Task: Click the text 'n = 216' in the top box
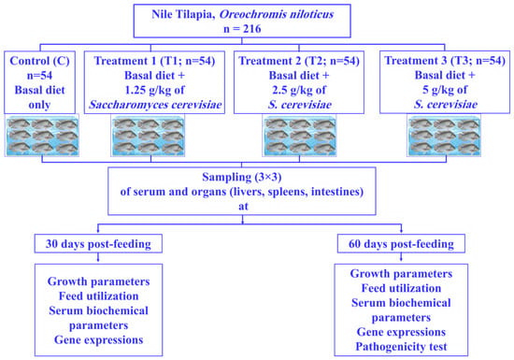pos(242,29)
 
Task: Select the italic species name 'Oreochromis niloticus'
pos(277,14)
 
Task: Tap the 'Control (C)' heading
pos(39,61)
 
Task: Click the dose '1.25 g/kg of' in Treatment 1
pos(154,90)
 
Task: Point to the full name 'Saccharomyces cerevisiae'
pos(155,105)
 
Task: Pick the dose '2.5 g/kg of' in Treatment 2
pos(299,90)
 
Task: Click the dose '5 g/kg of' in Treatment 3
pos(445,90)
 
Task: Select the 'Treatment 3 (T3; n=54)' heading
pos(445,61)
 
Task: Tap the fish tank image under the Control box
pos(42,135)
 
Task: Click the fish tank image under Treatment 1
pos(148,135)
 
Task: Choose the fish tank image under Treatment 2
pos(299,135)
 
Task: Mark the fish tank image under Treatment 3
pos(444,135)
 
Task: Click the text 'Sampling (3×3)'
pos(242,177)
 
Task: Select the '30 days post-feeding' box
pos(98,244)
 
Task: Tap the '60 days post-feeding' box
pos(401,244)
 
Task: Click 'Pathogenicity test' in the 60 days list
pos(401,347)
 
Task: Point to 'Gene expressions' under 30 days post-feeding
pos(99,340)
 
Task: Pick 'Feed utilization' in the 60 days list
pos(401,288)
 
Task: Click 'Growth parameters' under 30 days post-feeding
pos(99,281)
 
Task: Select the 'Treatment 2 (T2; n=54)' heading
pos(299,61)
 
